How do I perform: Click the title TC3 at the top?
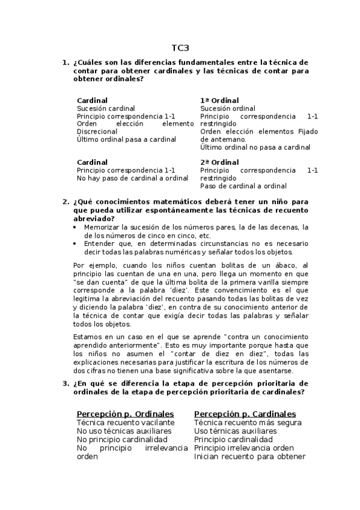click(180, 48)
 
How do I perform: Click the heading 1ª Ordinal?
click(219, 100)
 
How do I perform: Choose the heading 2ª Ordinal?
click(219, 162)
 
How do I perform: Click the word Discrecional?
click(97, 131)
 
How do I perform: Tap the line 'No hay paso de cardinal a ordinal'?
click(132, 178)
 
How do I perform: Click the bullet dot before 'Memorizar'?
click(75, 228)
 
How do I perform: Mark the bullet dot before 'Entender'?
click(75, 244)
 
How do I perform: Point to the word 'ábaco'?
click(287, 265)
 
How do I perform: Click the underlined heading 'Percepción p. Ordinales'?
click(125, 414)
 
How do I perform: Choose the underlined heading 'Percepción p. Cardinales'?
click(245, 414)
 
